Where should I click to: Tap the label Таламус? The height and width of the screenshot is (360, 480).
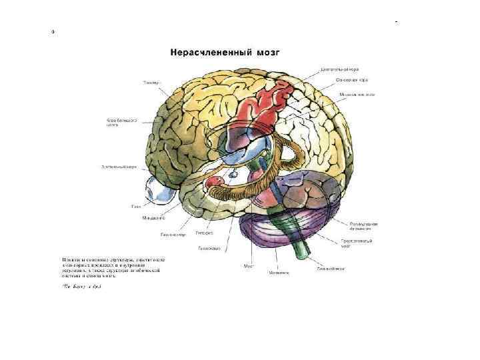click(152, 83)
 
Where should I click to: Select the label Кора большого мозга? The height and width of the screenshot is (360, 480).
click(122, 123)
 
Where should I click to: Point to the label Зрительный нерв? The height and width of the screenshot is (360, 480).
click(119, 167)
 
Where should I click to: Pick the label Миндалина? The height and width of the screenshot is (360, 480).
click(153, 218)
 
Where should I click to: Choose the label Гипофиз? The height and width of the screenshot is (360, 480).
click(204, 233)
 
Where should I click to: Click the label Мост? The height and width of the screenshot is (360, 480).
click(249, 266)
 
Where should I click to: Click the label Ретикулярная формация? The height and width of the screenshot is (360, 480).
click(363, 226)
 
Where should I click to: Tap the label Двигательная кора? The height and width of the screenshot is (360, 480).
click(341, 69)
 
